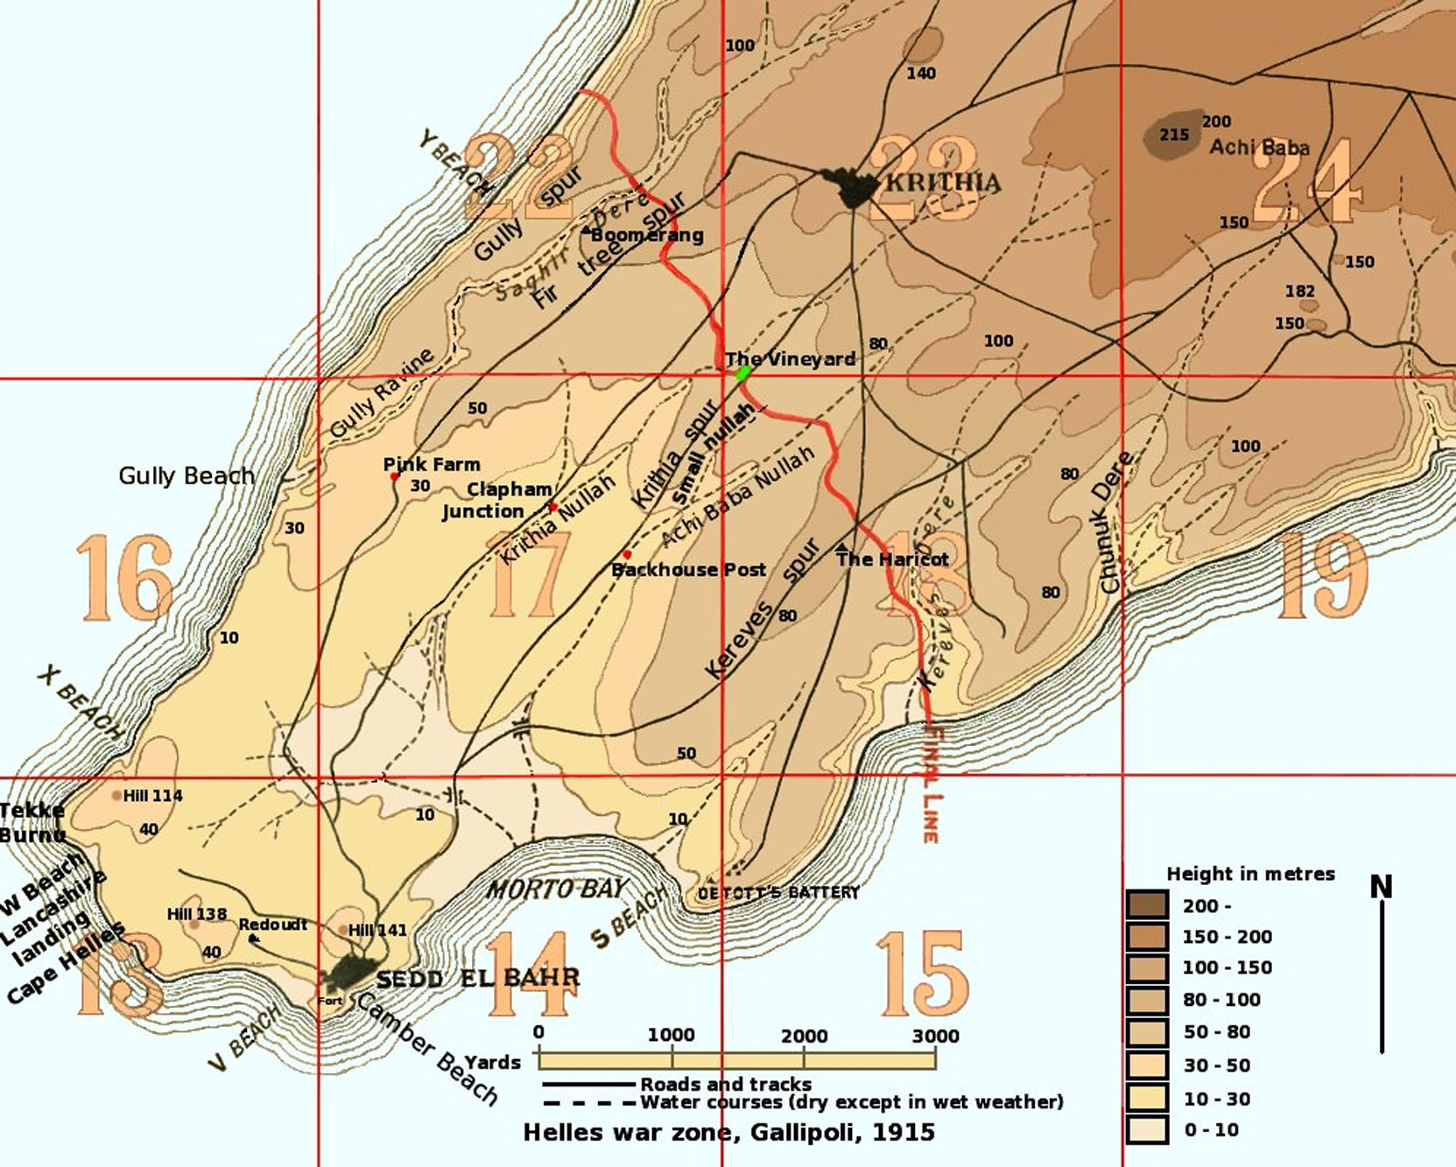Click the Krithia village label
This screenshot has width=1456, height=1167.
point(943,182)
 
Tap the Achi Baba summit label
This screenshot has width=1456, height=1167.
point(1259,147)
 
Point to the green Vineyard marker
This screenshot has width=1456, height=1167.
point(743,374)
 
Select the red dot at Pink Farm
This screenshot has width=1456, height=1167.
point(395,477)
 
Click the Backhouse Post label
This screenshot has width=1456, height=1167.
point(688,570)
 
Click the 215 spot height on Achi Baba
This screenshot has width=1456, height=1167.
point(1174,135)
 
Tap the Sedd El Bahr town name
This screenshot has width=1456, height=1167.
point(477,978)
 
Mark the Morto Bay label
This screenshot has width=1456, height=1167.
point(557,889)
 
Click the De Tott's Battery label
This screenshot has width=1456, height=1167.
point(778,893)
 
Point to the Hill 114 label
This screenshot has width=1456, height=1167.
point(152,796)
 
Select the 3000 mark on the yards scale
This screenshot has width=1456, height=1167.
point(935,1037)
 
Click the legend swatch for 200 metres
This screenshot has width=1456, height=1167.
point(1147,905)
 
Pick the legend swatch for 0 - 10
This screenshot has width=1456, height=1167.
point(1147,1129)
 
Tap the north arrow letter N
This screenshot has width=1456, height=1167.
point(1381,887)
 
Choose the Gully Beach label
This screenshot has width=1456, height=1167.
point(186,476)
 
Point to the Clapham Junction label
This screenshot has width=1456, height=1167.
point(496,500)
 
